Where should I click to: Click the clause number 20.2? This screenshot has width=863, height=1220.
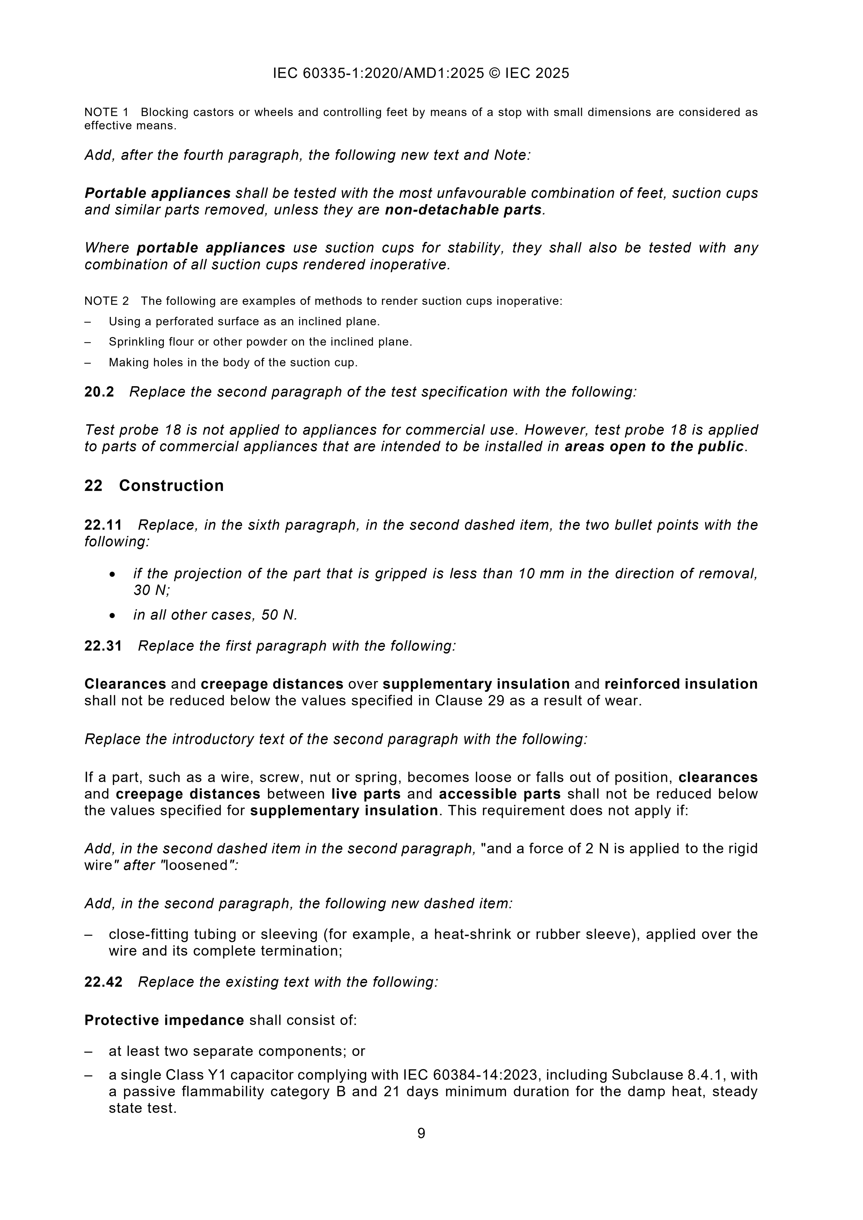coord(99,392)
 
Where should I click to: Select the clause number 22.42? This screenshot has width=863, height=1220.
coord(103,982)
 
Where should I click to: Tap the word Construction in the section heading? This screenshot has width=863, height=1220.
coord(171,486)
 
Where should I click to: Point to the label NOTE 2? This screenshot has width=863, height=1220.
coord(106,301)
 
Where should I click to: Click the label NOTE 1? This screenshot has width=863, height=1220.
coord(106,112)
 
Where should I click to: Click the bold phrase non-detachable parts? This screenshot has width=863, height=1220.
coord(463,210)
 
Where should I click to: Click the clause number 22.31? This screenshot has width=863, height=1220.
coord(103,646)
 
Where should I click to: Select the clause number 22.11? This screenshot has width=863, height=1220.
coord(103,525)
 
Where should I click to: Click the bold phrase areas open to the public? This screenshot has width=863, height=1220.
coord(654,446)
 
